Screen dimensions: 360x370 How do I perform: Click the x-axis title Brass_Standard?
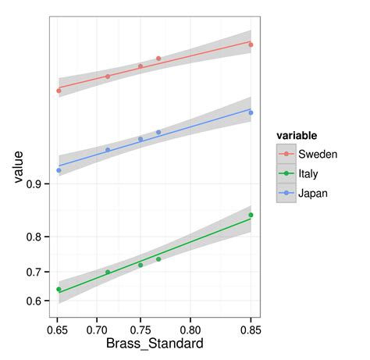click(x=155, y=344)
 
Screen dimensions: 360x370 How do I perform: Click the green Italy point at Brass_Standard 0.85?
click(x=251, y=215)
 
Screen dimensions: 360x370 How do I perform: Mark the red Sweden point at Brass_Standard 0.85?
click(x=251, y=45)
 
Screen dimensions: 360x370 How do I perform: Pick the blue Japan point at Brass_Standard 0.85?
click(x=251, y=113)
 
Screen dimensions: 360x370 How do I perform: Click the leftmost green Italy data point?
click(x=59, y=290)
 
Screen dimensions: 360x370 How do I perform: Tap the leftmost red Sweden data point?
click(x=59, y=91)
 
